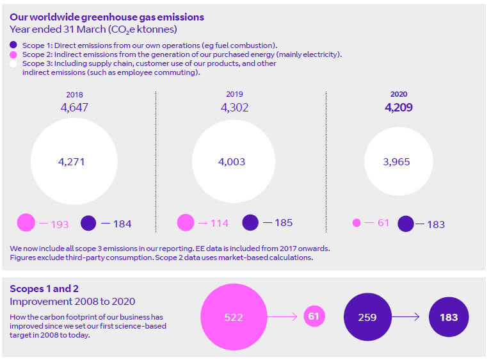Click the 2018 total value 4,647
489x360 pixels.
coord(74,108)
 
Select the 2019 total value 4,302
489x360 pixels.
coord(234,108)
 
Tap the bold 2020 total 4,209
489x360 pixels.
coord(398,108)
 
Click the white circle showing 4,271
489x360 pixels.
coord(74,161)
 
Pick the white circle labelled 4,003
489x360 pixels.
coord(234,162)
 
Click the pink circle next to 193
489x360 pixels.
coord(26,223)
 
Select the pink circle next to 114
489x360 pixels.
coord(186,223)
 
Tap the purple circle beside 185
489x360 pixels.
coord(250,223)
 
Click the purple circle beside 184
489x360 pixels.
coord(88,223)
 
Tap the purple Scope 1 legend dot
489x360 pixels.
coord(13,45)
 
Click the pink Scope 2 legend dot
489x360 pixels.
coord(13,54)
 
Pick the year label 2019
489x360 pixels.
coord(234,94)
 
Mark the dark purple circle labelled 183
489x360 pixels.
coord(448,317)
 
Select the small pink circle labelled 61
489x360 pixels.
coord(313,316)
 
